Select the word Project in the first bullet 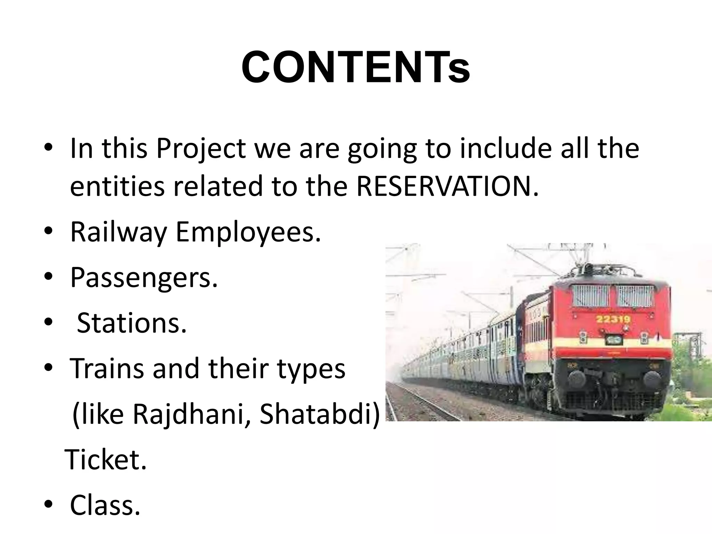201,149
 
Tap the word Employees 248,232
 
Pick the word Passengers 144,278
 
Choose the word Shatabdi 319,414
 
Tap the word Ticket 106,460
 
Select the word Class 105,505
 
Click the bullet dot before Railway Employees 48,232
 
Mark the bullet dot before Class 48,504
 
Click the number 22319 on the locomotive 613,319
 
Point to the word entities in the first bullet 117,186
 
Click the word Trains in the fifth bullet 107,369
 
